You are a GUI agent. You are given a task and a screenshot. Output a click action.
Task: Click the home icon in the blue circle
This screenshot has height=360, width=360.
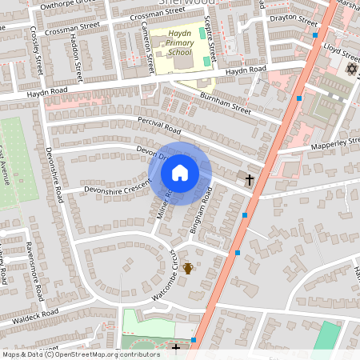[x=180, y=172]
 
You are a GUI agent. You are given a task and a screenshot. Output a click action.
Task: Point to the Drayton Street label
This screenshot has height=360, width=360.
[x=293, y=17]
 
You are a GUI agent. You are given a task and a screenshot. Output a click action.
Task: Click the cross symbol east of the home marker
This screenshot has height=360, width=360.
[x=250, y=180]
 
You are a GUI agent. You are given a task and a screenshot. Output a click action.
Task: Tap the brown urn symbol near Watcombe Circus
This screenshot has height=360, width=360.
[x=188, y=268]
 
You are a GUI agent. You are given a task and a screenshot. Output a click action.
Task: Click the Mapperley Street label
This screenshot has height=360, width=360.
[x=335, y=145]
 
